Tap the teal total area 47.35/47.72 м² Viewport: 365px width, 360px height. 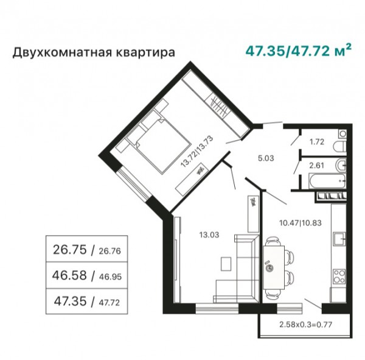(x=299, y=51)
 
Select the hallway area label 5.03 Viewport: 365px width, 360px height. (x=266, y=158)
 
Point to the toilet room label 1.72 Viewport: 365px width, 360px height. (x=317, y=142)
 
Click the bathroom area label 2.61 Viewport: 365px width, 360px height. (x=316, y=166)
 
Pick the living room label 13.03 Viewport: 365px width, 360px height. (x=209, y=235)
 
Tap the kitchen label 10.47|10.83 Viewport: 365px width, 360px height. (x=301, y=223)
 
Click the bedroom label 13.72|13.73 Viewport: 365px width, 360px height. (x=197, y=152)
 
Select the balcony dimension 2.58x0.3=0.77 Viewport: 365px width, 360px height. (x=305, y=324)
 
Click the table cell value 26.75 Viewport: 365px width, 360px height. (x=70, y=250)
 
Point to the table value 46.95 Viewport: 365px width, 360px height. (x=110, y=277)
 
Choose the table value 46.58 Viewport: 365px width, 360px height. (x=69, y=275)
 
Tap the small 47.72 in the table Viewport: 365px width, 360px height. (x=109, y=303)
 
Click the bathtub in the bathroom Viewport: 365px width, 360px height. (x=327, y=181)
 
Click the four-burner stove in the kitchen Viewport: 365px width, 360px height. (x=339, y=277)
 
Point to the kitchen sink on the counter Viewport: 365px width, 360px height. (x=339, y=239)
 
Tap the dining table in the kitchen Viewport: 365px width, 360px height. (x=274, y=267)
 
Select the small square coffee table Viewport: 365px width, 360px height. (x=226, y=264)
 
